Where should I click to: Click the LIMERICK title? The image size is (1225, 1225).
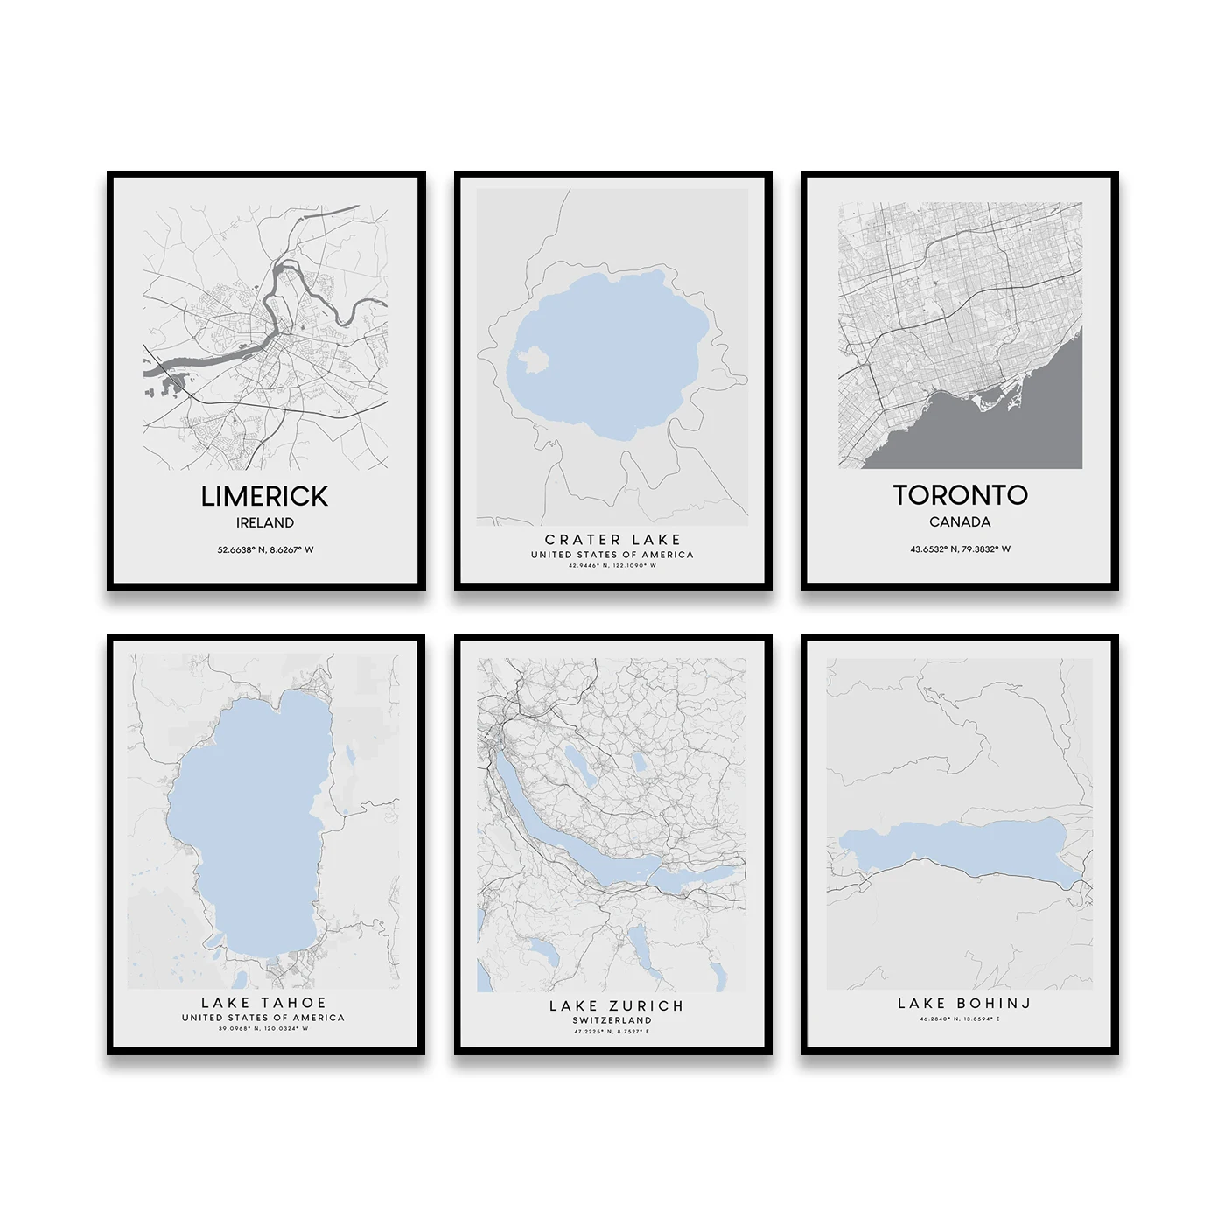(264, 496)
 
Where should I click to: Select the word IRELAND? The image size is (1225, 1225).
(265, 523)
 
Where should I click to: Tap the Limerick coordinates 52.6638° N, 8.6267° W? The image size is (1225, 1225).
(265, 550)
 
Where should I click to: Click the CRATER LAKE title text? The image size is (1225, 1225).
(612, 540)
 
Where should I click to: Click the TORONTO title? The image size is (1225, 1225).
(960, 495)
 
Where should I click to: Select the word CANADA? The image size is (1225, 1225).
(960, 522)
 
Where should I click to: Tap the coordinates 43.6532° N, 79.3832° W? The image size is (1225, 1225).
(960, 549)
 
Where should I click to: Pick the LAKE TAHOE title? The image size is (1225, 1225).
(263, 1003)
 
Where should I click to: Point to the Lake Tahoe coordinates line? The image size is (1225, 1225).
(263, 1029)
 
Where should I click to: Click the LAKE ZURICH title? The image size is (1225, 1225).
(616, 1006)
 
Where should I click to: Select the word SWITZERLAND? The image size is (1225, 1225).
(612, 1020)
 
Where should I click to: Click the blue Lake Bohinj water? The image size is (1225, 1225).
(962, 844)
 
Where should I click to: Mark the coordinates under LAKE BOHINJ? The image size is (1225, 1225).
(960, 1019)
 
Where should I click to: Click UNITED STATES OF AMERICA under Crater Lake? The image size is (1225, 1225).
(612, 555)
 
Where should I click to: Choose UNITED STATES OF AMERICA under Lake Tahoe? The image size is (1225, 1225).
(263, 1018)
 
